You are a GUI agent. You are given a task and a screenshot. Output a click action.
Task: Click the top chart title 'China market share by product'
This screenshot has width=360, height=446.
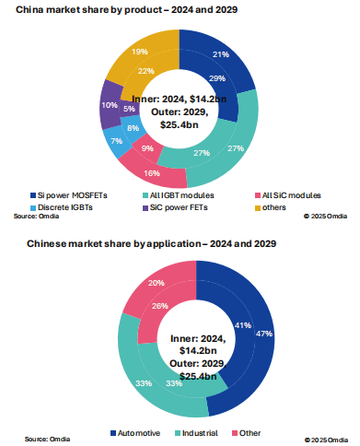click(x=129, y=11)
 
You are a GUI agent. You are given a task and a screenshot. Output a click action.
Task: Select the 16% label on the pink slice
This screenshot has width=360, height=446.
click(x=152, y=172)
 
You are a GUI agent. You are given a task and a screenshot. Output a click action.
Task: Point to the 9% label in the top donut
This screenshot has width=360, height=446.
click(x=147, y=148)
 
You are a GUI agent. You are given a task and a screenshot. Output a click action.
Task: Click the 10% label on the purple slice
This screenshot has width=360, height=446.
click(x=110, y=106)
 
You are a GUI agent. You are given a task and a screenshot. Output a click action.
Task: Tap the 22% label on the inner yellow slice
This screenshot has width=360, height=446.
click(x=145, y=71)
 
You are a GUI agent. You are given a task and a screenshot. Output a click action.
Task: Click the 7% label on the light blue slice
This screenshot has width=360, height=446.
click(x=116, y=141)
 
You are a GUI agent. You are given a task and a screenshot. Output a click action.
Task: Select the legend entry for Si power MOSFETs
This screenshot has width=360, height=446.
click(x=70, y=195)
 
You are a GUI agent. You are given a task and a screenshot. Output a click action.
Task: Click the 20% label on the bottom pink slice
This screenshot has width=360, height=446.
click(x=156, y=283)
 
